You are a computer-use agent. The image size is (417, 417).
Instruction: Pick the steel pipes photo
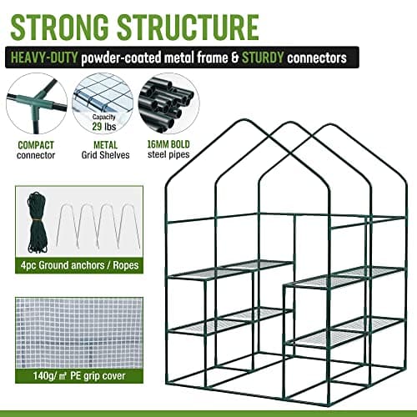[x=168, y=103]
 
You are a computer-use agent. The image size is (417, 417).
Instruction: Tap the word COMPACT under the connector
[x=34, y=145]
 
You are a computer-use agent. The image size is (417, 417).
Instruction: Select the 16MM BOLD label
[x=169, y=145]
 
